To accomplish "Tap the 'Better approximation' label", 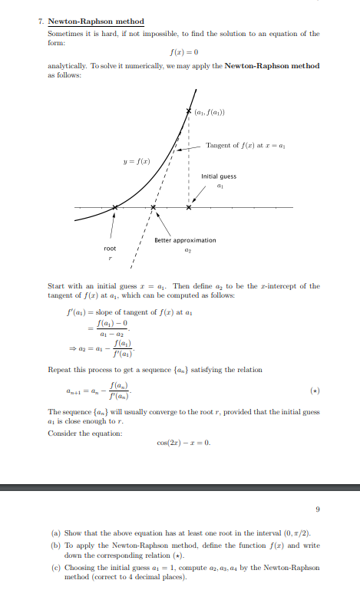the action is [x=185, y=240].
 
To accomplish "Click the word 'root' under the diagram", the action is [x=111, y=249].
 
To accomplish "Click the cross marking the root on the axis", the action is [x=115, y=207].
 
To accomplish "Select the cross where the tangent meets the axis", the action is [x=154, y=207].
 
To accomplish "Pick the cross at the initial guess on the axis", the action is [x=190, y=207].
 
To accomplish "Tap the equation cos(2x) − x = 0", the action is [x=182, y=442].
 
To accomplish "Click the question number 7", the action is [x=40, y=21].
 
